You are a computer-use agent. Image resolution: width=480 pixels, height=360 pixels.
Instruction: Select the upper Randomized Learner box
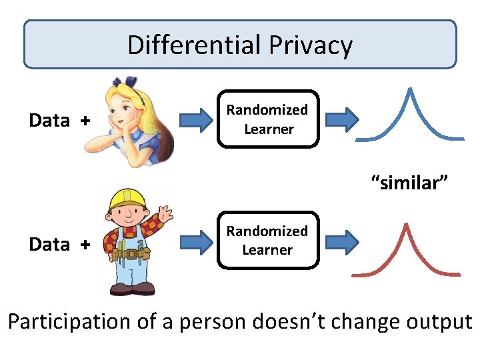point(267,119)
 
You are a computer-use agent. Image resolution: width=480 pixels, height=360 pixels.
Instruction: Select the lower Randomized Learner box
point(267,240)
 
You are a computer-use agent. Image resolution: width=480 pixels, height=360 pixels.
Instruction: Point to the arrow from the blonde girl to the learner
point(197,121)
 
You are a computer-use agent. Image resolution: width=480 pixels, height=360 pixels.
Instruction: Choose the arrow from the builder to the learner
point(197,243)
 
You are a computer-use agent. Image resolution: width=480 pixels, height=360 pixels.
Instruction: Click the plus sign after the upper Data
point(84,121)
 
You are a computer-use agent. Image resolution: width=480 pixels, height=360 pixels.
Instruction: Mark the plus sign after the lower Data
point(84,245)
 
